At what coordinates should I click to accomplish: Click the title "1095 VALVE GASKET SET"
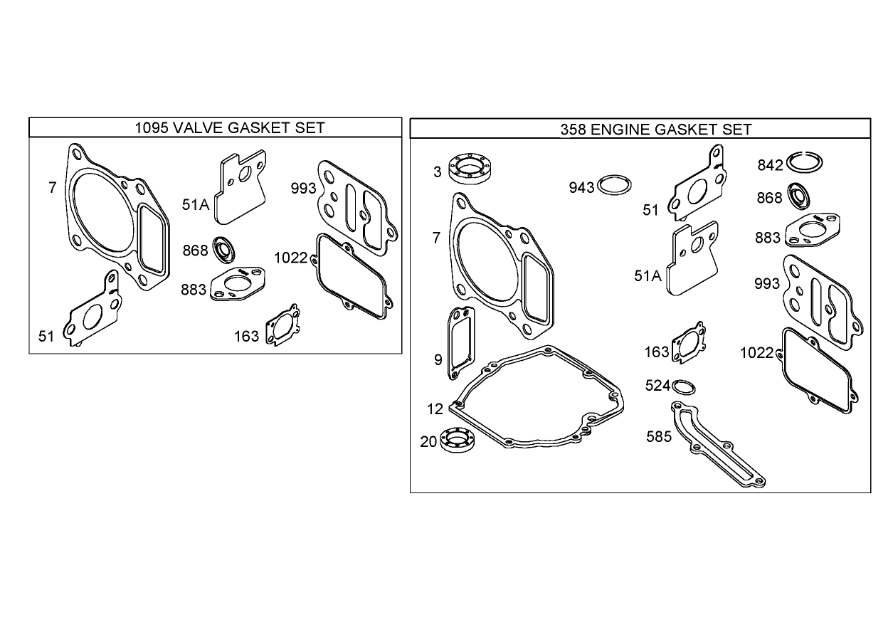229,127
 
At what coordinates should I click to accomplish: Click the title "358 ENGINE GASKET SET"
655,129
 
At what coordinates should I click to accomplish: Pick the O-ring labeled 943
615,186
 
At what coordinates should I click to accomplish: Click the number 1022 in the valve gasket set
290,258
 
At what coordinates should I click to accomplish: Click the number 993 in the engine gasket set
767,284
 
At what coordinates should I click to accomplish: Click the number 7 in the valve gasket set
53,188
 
